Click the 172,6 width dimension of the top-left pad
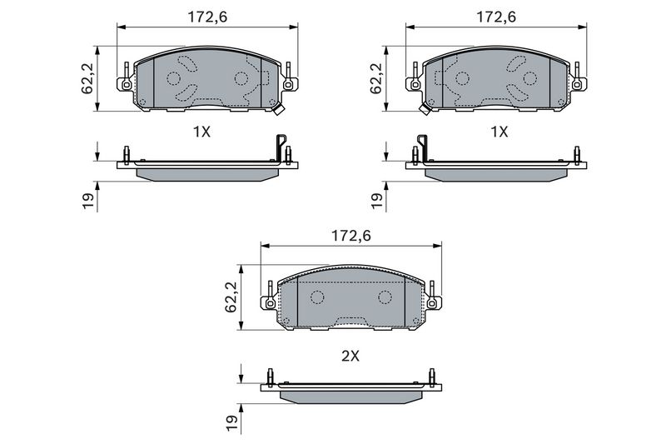point(207,17)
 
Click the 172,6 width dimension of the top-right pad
point(496,17)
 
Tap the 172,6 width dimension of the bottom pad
point(350,236)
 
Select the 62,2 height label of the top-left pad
point(88,79)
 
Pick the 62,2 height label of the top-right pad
point(376,79)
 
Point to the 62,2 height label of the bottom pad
point(231,297)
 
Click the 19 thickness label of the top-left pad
point(88,201)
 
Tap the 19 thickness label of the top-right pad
point(376,201)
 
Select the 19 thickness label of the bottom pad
point(231,423)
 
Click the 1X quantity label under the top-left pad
point(201,132)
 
